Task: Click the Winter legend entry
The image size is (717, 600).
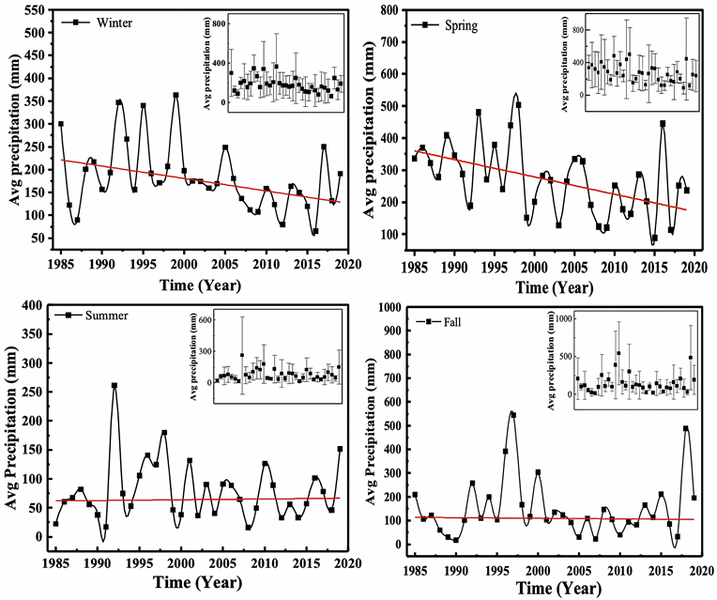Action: pos(104,23)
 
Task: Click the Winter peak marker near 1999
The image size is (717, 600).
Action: pos(175,95)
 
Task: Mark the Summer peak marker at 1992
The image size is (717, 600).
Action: pos(114,386)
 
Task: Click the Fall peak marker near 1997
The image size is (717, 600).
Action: pos(512,414)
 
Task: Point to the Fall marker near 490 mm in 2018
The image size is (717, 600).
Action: pos(685,428)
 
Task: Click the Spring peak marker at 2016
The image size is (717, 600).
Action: pos(663,123)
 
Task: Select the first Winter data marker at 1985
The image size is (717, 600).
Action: pos(61,124)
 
